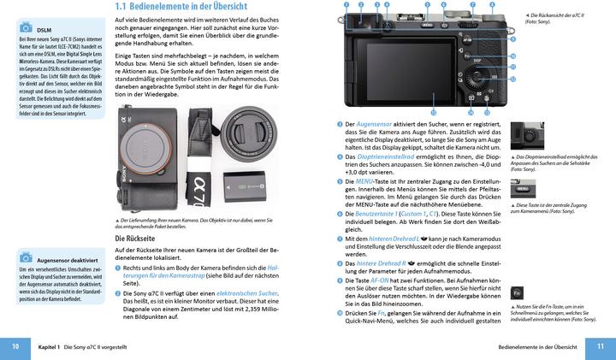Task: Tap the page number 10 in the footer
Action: tap(15, 346)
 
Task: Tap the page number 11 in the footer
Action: tap(600, 346)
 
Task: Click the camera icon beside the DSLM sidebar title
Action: tap(25, 27)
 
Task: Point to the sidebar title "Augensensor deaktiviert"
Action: tap(67, 259)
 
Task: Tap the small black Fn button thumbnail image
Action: tap(518, 292)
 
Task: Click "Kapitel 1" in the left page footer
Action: tap(48, 346)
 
